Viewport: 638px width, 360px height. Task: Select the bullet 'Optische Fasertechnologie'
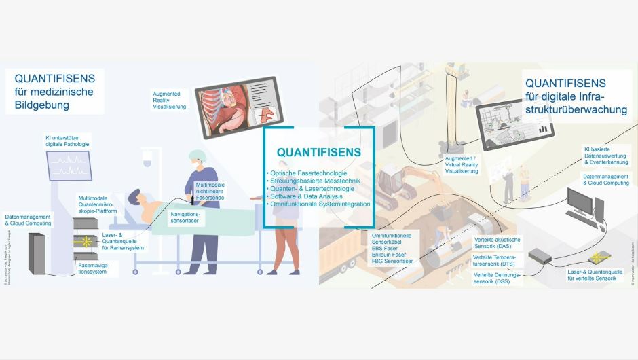(309, 175)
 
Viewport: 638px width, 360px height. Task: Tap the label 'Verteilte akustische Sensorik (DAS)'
(496, 242)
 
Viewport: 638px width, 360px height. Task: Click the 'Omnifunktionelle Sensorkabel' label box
(393, 247)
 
